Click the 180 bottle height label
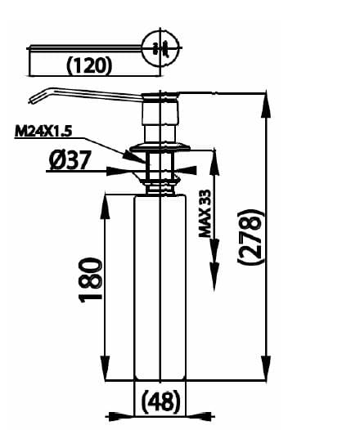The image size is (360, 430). coord(91,280)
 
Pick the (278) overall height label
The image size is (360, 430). coord(254,236)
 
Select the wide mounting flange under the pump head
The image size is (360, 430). coord(160,148)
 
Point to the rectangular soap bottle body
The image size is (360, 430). coord(160,286)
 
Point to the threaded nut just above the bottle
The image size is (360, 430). coord(160,181)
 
